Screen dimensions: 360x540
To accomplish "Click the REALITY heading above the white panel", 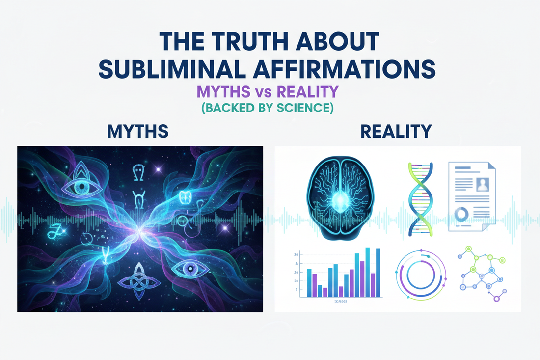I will click(x=396, y=131).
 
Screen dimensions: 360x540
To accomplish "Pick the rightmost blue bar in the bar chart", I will click(x=378, y=273).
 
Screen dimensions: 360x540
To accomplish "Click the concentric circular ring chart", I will click(x=420, y=276).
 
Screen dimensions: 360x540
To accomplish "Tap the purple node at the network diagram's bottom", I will click(x=496, y=299).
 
